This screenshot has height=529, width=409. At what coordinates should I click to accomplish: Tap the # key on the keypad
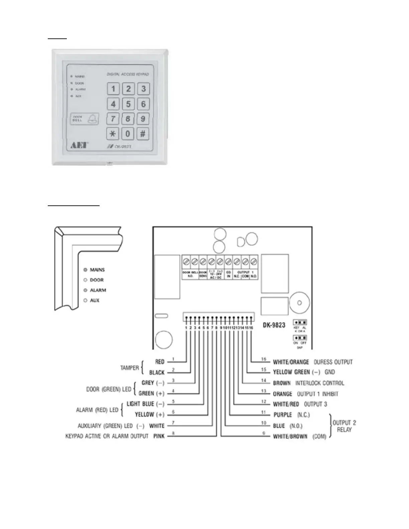pos(143,134)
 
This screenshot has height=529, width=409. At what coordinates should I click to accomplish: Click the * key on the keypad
pos(113,134)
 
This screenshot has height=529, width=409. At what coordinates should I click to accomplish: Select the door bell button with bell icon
pos(85,119)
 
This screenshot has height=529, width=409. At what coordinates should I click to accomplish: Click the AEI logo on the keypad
pos(79,145)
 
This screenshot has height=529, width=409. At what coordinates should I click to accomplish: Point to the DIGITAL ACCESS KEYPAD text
pos(128,74)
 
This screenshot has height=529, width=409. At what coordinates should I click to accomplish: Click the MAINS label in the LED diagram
pos(97,270)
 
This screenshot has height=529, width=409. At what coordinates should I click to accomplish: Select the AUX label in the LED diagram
pos(95,301)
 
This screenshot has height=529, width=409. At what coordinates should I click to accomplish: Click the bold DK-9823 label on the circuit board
pos(274,325)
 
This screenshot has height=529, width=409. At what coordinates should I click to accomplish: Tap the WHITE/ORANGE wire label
pos(291,362)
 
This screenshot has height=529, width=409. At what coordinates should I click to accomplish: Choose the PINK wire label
pos(159,436)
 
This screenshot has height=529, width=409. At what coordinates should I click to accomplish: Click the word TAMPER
pos(130,368)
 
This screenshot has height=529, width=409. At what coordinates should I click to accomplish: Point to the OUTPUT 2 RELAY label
pos(344,426)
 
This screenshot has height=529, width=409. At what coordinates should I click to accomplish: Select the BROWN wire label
pos(282,383)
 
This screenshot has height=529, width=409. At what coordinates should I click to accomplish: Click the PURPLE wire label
pos(283,415)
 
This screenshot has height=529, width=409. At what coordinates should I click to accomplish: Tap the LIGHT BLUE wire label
pos(141,404)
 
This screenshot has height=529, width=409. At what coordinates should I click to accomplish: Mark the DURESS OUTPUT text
pos(333,362)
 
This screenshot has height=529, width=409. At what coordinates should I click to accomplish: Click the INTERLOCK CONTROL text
pos(319,383)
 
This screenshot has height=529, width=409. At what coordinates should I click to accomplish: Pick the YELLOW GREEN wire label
pos(291,372)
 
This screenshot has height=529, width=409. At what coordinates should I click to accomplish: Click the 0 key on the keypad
pos(128,134)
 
